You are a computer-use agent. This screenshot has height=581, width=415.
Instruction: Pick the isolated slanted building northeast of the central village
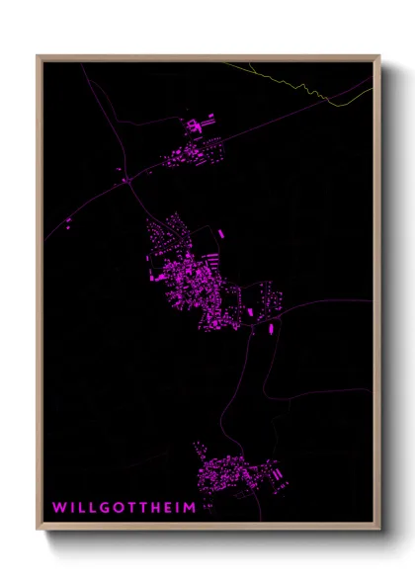coord(219,234)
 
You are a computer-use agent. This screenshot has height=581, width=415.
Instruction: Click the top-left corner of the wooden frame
coord(39,56)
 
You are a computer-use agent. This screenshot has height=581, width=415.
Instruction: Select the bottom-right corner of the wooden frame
coord(378,530)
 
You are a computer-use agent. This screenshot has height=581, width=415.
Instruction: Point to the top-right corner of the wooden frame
coord(378,56)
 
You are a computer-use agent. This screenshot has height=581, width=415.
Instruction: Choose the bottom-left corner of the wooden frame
coord(39,530)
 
